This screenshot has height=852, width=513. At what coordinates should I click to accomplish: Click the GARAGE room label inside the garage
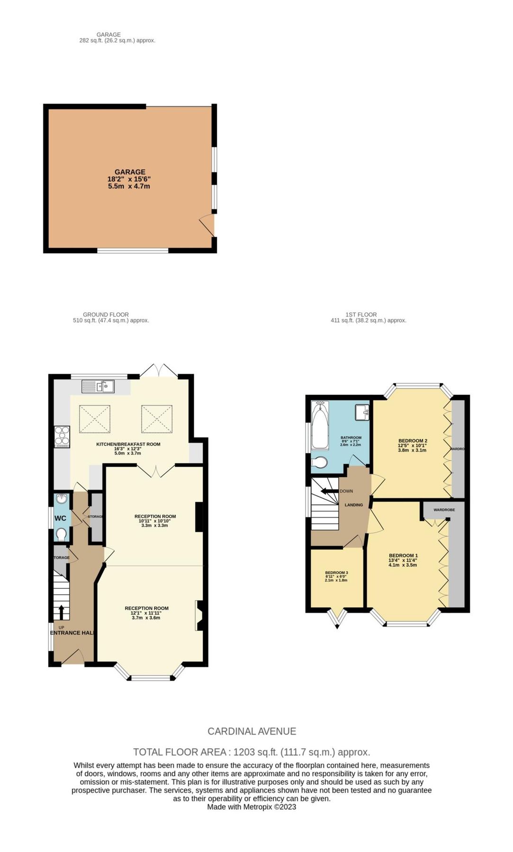(x=130, y=172)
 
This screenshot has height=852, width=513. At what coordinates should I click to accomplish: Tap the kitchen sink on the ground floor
(x=98, y=387)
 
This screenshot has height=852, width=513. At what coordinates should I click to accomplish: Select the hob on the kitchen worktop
(x=62, y=436)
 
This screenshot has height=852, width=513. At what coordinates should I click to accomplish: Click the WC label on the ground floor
(x=60, y=518)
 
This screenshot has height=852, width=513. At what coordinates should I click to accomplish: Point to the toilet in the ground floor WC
(x=61, y=534)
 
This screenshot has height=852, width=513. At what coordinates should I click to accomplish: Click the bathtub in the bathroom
(x=320, y=426)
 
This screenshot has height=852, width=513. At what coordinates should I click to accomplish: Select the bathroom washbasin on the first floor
(x=362, y=412)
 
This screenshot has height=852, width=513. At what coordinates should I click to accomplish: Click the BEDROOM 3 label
(x=336, y=573)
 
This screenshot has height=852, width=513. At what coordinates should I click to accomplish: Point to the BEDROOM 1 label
(x=403, y=556)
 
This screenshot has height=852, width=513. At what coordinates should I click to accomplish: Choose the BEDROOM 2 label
(x=413, y=441)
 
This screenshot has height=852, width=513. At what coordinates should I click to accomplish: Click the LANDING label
(x=354, y=505)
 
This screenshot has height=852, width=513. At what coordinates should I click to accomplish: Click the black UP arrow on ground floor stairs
(x=61, y=611)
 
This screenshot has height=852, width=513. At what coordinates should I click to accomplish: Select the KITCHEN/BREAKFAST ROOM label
(x=128, y=444)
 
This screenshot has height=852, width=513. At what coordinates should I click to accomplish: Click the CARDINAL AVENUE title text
(x=252, y=731)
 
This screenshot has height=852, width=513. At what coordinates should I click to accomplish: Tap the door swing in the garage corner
(x=207, y=226)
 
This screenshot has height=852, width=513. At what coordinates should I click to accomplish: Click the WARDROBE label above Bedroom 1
(x=444, y=510)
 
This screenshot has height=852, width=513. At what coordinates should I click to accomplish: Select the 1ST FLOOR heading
(x=361, y=314)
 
